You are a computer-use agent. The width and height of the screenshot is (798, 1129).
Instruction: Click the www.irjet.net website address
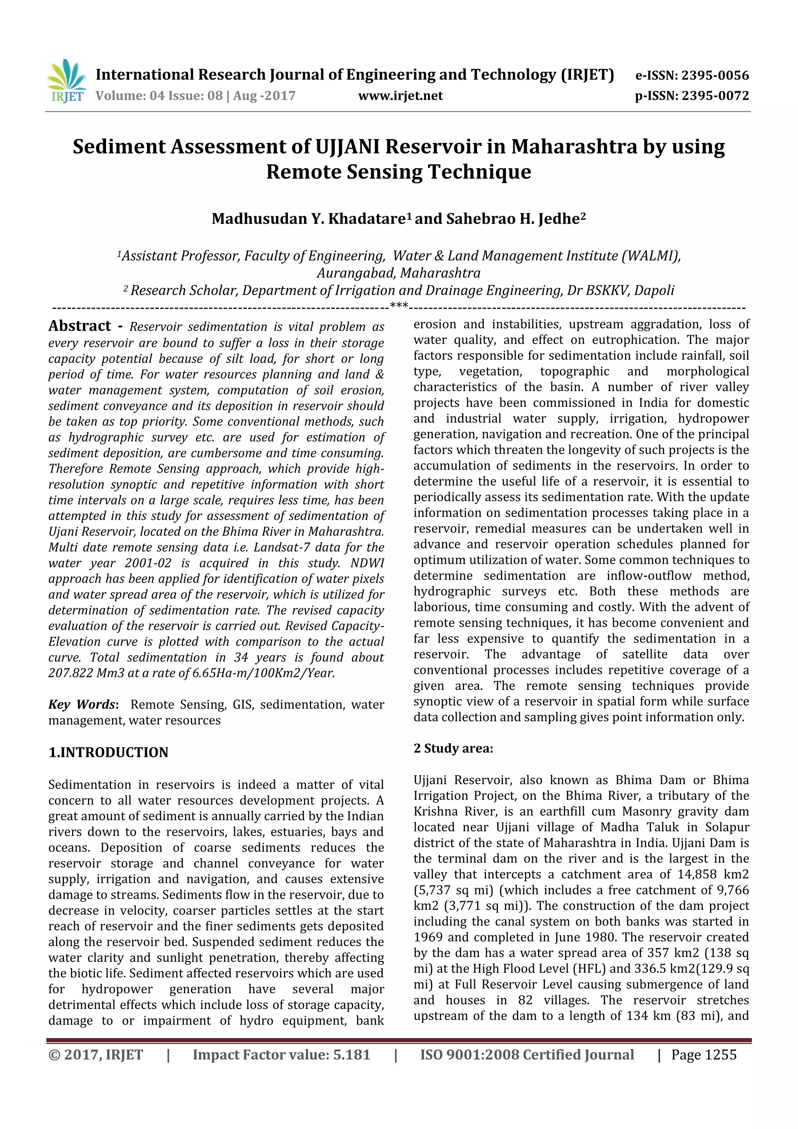[x=400, y=95]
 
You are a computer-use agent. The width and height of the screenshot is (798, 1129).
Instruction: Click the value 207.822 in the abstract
[x=70, y=673]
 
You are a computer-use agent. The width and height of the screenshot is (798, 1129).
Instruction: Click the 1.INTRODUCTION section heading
[x=108, y=752]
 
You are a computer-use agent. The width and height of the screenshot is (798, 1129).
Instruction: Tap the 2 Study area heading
[x=453, y=748]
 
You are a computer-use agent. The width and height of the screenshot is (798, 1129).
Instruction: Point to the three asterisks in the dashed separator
[x=399, y=306]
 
